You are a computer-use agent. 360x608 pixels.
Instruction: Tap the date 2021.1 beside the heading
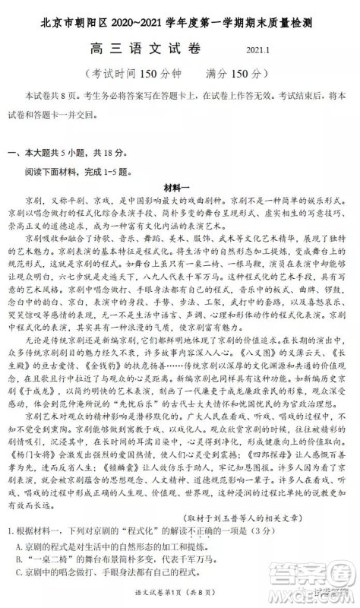tap(260, 51)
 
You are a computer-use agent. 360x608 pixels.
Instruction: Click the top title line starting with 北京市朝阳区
tap(180, 16)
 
